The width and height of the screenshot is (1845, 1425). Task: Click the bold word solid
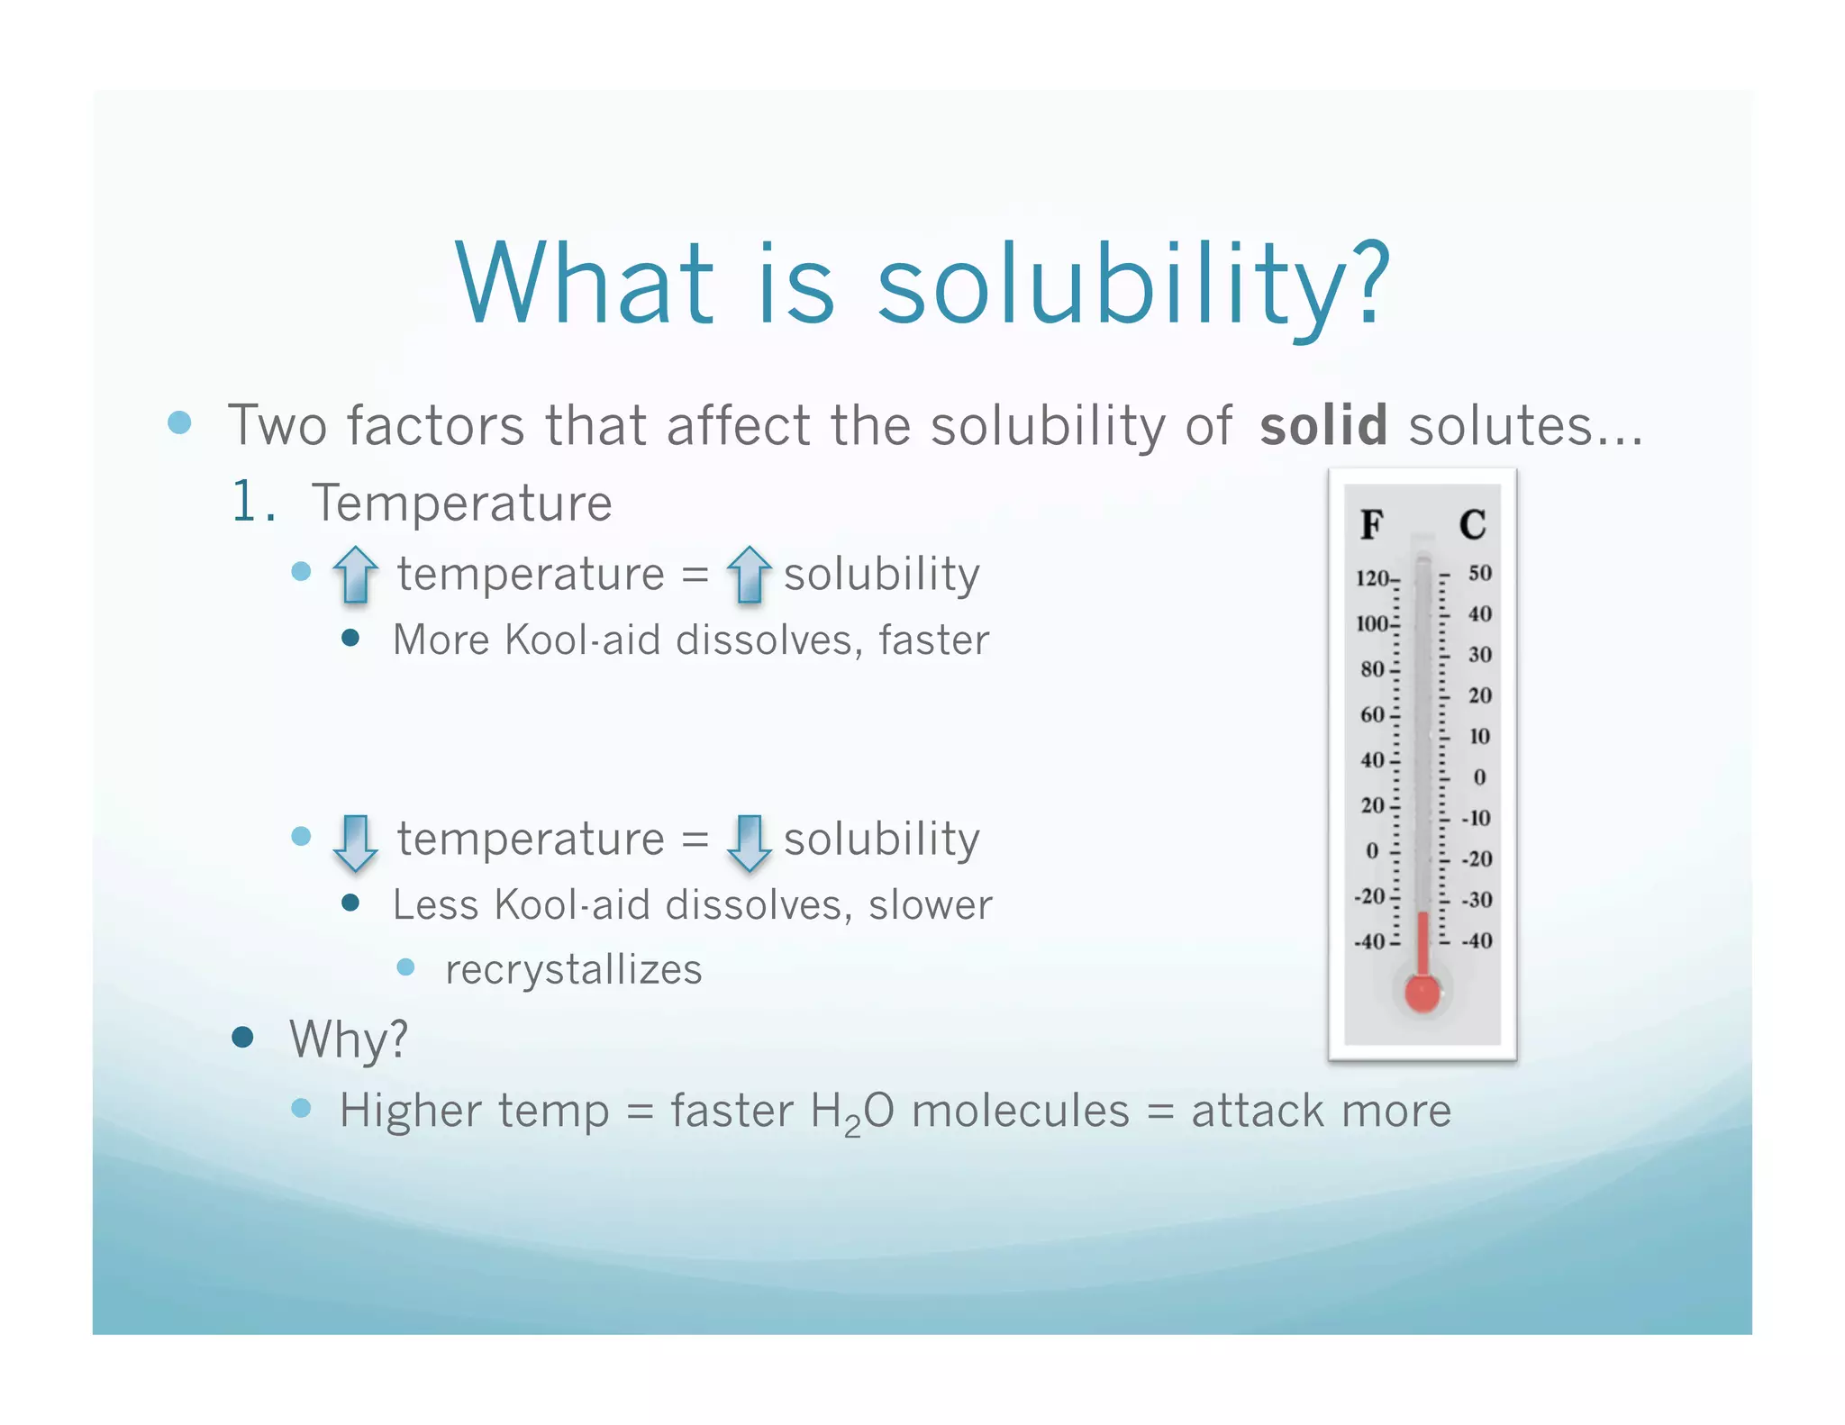[x=1322, y=425]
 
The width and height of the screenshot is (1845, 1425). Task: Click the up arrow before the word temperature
[x=355, y=574]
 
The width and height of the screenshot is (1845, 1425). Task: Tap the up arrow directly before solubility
[x=749, y=574]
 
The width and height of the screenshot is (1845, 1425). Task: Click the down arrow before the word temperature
[x=355, y=842]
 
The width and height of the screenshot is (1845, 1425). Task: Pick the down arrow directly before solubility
[x=749, y=842]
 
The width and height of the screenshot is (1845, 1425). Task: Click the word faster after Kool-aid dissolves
[x=933, y=640]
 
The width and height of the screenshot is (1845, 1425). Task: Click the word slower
[x=930, y=905]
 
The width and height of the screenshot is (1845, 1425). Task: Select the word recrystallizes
[x=573, y=970]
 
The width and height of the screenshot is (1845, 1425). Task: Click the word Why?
[x=349, y=1039]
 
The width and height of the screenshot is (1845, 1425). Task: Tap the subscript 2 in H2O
[x=852, y=1126]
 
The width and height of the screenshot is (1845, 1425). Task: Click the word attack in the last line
[x=1257, y=1111]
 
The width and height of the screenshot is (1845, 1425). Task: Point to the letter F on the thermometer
[x=1371, y=524]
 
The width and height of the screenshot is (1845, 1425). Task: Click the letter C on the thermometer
[x=1472, y=524]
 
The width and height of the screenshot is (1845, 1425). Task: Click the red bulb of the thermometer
[x=1422, y=993]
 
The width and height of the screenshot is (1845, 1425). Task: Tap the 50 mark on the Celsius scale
[x=1479, y=573]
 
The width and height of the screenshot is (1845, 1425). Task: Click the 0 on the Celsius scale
[x=1479, y=777]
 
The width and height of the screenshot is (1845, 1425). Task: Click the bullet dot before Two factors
[x=180, y=422]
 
